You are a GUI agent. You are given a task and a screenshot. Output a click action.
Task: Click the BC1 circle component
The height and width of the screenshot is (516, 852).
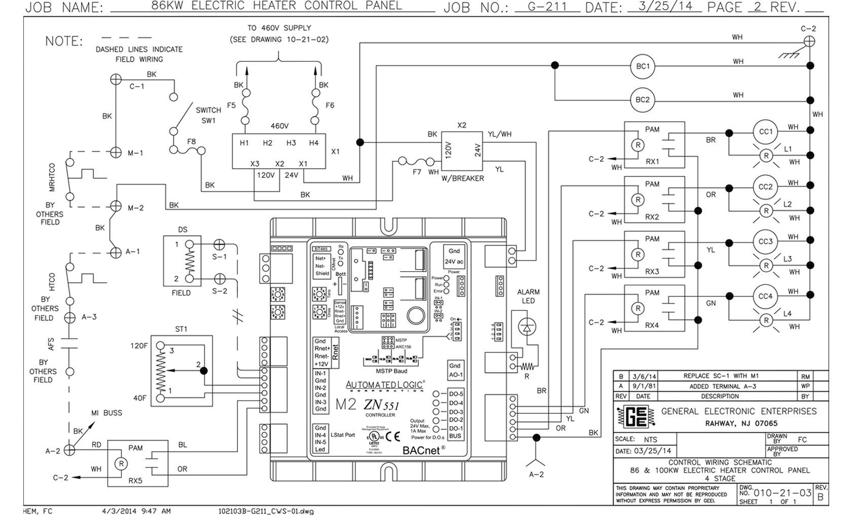tap(643, 66)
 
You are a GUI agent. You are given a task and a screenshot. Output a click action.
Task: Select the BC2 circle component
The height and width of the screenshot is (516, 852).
tap(643, 99)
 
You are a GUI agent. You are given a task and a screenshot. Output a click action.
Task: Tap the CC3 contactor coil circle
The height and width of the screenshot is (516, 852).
tap(765, 241)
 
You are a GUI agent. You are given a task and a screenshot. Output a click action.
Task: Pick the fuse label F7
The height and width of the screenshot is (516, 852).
tap(417, 172)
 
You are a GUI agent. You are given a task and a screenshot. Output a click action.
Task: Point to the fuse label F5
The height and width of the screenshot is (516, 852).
tap(231, 105)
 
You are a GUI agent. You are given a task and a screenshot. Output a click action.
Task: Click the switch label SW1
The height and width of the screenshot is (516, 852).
tap(208, 121)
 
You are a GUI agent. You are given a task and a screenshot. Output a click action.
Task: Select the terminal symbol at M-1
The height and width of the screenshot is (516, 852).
tap(116, 152)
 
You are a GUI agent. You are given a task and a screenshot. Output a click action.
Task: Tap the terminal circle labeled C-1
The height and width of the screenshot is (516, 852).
tap(116, 79)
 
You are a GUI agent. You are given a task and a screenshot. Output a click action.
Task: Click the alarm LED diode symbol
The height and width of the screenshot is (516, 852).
tap(527, 328)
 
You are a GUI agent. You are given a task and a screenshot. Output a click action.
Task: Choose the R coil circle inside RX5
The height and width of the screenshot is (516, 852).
tap(121, 464)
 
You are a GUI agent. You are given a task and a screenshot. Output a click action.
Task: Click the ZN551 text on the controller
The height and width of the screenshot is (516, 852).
tap(380, 406)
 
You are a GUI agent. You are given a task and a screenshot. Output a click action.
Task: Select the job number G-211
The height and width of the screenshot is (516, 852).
tap(547, 7)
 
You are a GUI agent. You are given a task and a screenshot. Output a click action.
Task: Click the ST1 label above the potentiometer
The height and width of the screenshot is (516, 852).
tap(181, 329)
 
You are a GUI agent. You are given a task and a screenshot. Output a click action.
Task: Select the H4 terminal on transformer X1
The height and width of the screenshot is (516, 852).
tap(314, 143)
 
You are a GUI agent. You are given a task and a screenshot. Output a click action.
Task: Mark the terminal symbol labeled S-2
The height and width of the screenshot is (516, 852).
tap(219, 279)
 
